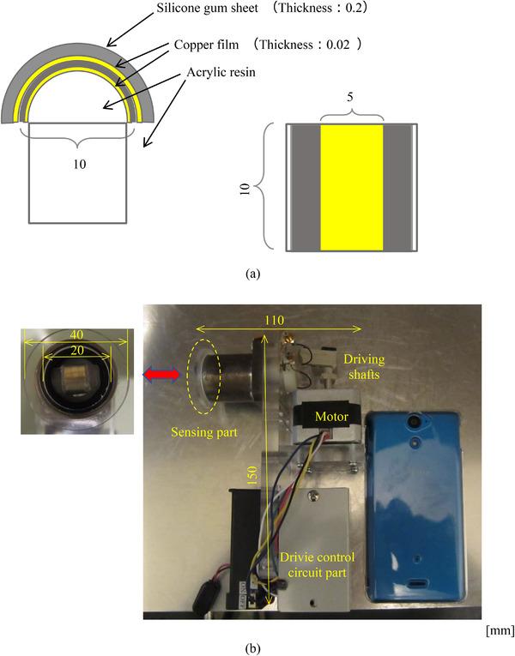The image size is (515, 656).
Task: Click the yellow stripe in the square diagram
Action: (351, 188)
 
